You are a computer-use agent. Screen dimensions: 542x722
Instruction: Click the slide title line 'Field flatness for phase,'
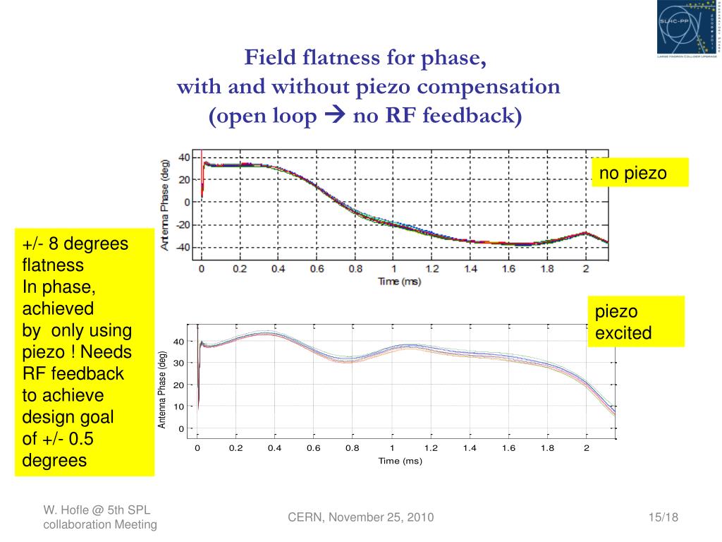[365, 58]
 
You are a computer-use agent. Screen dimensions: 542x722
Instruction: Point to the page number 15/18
[663, 518]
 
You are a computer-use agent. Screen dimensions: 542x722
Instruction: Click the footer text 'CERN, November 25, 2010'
[361, 518]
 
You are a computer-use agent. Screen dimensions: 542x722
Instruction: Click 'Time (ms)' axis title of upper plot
[399, 282]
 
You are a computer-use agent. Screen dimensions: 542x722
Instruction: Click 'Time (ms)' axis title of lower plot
[400, 461]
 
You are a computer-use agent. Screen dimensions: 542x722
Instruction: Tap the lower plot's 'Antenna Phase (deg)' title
[162, 390]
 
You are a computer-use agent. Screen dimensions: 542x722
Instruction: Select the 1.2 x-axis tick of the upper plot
[432, 269]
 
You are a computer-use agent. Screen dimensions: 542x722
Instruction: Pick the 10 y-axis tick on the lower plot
[180, 406]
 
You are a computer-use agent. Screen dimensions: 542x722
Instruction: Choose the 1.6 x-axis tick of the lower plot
[508, 448]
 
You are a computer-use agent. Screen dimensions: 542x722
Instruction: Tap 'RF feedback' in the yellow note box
[73, 373]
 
